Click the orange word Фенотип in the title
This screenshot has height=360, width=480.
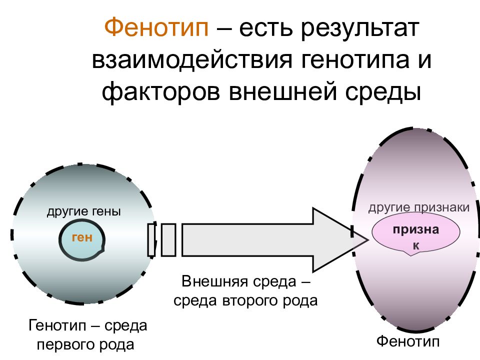click(x=156, y=27)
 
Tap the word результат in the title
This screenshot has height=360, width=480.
click(x=360, y=28)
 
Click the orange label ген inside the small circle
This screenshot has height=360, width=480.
click(x=82, y=237)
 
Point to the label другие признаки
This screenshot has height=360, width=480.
click(x=419, y=208)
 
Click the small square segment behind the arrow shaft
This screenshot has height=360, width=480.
click(x=168, y=240)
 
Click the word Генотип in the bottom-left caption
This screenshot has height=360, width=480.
click(x=57, y=325)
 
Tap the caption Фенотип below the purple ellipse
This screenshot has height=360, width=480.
click(x=408, y=341)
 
